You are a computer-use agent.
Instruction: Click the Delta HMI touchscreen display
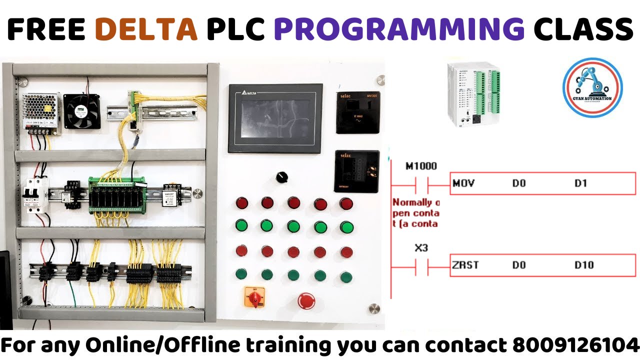(275, 118)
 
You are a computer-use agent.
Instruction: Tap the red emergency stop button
(306, 300)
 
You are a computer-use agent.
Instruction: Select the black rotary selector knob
(281, 177)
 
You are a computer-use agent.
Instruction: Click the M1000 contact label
(420, 166)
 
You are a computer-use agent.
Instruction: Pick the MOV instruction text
(463, 183)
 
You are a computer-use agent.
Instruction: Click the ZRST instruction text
(465, 265)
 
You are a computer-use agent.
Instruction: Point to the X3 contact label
(421, 247)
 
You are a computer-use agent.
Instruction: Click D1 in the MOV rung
(580, 183)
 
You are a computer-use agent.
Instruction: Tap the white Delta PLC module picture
(473, 95)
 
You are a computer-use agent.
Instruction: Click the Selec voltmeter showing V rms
(357, 112)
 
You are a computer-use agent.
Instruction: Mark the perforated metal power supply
(40, 113)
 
